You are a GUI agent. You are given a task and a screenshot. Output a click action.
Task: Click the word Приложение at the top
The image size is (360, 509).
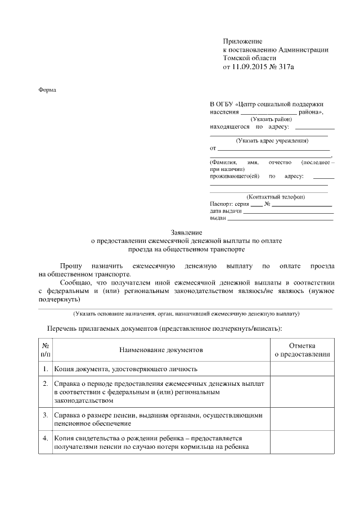pos(243,42)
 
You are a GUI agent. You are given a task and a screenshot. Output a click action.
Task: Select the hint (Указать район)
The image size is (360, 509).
pos(272,119)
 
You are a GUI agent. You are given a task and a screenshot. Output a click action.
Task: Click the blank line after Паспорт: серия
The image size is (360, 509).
pos(256,206)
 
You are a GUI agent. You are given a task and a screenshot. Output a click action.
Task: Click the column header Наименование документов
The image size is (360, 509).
pos(160,350)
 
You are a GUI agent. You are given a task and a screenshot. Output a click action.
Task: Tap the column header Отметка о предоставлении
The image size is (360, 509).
pos(301,350)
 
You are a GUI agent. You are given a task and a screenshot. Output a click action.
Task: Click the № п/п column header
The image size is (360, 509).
pos(46,350)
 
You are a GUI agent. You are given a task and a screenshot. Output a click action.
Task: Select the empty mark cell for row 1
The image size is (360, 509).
pos(301,370)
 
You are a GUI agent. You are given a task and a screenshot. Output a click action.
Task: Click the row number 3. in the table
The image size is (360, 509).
pos(46,415)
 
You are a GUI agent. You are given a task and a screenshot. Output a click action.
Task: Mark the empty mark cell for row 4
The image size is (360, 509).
pos(301,442)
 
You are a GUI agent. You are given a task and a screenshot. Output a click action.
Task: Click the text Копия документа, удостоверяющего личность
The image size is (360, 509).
pos(125,370)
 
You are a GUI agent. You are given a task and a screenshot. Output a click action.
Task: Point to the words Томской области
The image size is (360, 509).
pos(250,58)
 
